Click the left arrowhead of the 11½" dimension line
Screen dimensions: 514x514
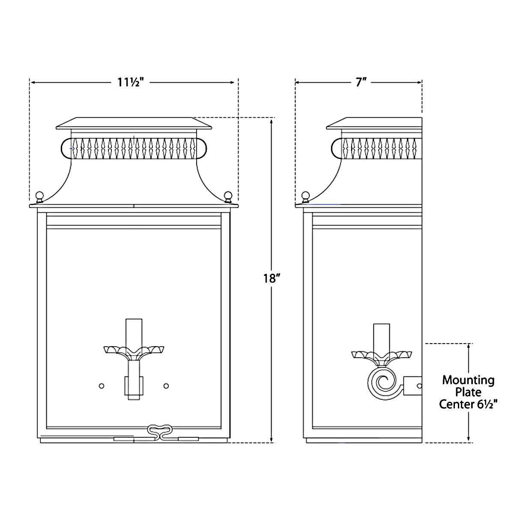pyautogui.click(x=33, y=83)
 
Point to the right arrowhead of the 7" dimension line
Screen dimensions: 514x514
pyautogui.click(x=420, y=83)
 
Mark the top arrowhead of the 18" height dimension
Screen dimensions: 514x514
pyautogui.click(x=271, y=122)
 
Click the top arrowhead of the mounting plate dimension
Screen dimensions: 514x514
pyautogui.click(x=469, y=347)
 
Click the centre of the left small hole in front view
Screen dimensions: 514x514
pyautogui.click(x=102, y=385)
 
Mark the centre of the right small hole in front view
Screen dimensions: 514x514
pyautogui.click(x=166, y=385)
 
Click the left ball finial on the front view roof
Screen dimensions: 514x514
pyautogui.click(x=40, y=196)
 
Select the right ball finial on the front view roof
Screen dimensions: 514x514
pyautogui.click(x=228, y=196)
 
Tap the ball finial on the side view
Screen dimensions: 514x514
pyautogui.click(x=305, y=196)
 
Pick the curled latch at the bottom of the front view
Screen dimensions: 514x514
pyautogui.click(x=159, y=432)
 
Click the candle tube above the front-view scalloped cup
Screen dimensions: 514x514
pyautogui.click(x=134, y=333)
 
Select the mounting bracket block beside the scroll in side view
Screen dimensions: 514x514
pyautogui.click(x=412, y=385)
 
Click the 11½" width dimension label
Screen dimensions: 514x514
pyautogui.click(x=131, y=82)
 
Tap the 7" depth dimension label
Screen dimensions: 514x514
pyautogui.click(x=361, y=82)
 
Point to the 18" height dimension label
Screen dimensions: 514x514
pyautogui.click(x=272, y=279)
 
